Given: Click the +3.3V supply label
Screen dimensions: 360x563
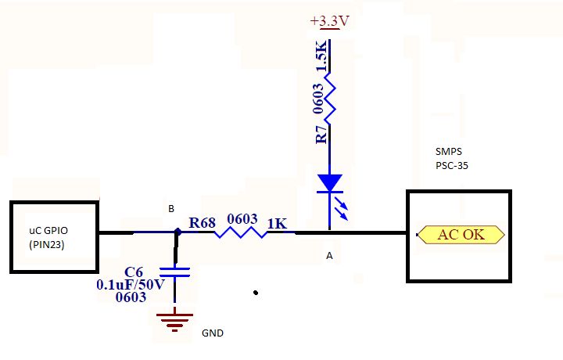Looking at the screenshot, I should click(328, 21).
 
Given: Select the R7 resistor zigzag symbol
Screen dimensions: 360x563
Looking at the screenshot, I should click(330, 99).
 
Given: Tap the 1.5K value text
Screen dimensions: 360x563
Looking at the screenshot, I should click(320, 57).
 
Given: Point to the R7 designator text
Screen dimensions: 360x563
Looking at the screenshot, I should click(320, 134).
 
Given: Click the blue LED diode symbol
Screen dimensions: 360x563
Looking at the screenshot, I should click(330, 184).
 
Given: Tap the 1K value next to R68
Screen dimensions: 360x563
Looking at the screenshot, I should click(277, 224).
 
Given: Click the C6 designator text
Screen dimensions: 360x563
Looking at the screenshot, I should click(134, 271).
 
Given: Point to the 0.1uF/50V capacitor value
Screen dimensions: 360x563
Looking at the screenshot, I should click(131, 284).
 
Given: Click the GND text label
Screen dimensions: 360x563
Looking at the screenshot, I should click(212, 333).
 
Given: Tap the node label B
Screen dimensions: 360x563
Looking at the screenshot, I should click(171, 209).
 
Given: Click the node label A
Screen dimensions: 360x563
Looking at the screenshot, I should click(329, 256).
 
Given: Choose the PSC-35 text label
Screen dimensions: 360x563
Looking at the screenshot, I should click(451, 166).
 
